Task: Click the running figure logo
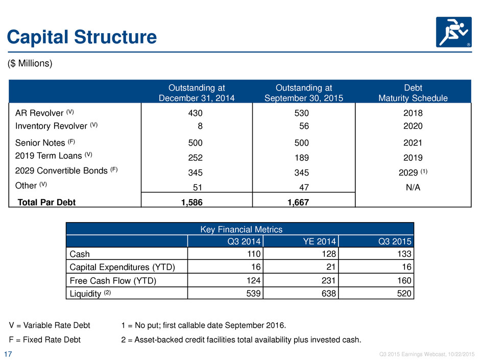(x=453, y=32)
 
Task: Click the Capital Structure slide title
(x=82, y=37)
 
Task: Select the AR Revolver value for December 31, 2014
(x=195, y=113)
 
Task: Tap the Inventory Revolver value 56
(x=304, y=126)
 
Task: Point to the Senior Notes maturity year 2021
(x=413, y=143)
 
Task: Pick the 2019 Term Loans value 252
(x=195, y=158)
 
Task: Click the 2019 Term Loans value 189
(x=301, y=158)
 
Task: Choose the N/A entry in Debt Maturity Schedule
(x=413, y=187)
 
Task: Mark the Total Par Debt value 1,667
(x=298, y=202)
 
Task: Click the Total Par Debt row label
(x=46, y=202)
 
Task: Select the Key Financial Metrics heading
(x=241, y=229)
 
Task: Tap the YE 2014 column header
(x=319, y=242)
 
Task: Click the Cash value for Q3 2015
(x=404, y=254)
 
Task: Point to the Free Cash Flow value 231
(x=328, y=280)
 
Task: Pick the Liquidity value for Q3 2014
(x=253, y=294)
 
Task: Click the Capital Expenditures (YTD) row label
(x=122, y=267)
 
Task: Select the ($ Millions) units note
(x=30, y=63)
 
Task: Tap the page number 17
(x=8, y=354)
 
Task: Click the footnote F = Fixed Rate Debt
(x=45, y=340)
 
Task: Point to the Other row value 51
(x=198, y=187)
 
